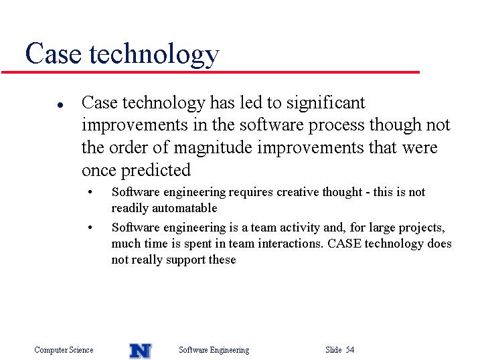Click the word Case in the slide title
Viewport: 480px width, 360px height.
(x=54, y=54)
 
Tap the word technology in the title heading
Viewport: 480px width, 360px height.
(x=154, y=55)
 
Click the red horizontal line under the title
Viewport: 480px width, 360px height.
(x=210, y=72)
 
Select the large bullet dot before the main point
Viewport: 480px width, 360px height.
(x=60, y=105)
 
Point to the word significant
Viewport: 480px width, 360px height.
(x=326, y=103)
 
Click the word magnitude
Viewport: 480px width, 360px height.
(x=213, y=149)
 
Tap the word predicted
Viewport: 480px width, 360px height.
(x=156, y=171)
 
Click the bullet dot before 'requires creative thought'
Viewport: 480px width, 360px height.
(x=90, y=193)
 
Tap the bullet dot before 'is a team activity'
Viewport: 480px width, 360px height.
(x=90, y=228)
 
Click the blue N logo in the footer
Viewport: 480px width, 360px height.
(x=141, y=351)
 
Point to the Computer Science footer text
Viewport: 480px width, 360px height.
(x=64, y=350)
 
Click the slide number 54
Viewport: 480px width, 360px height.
(x=350, y=349)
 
